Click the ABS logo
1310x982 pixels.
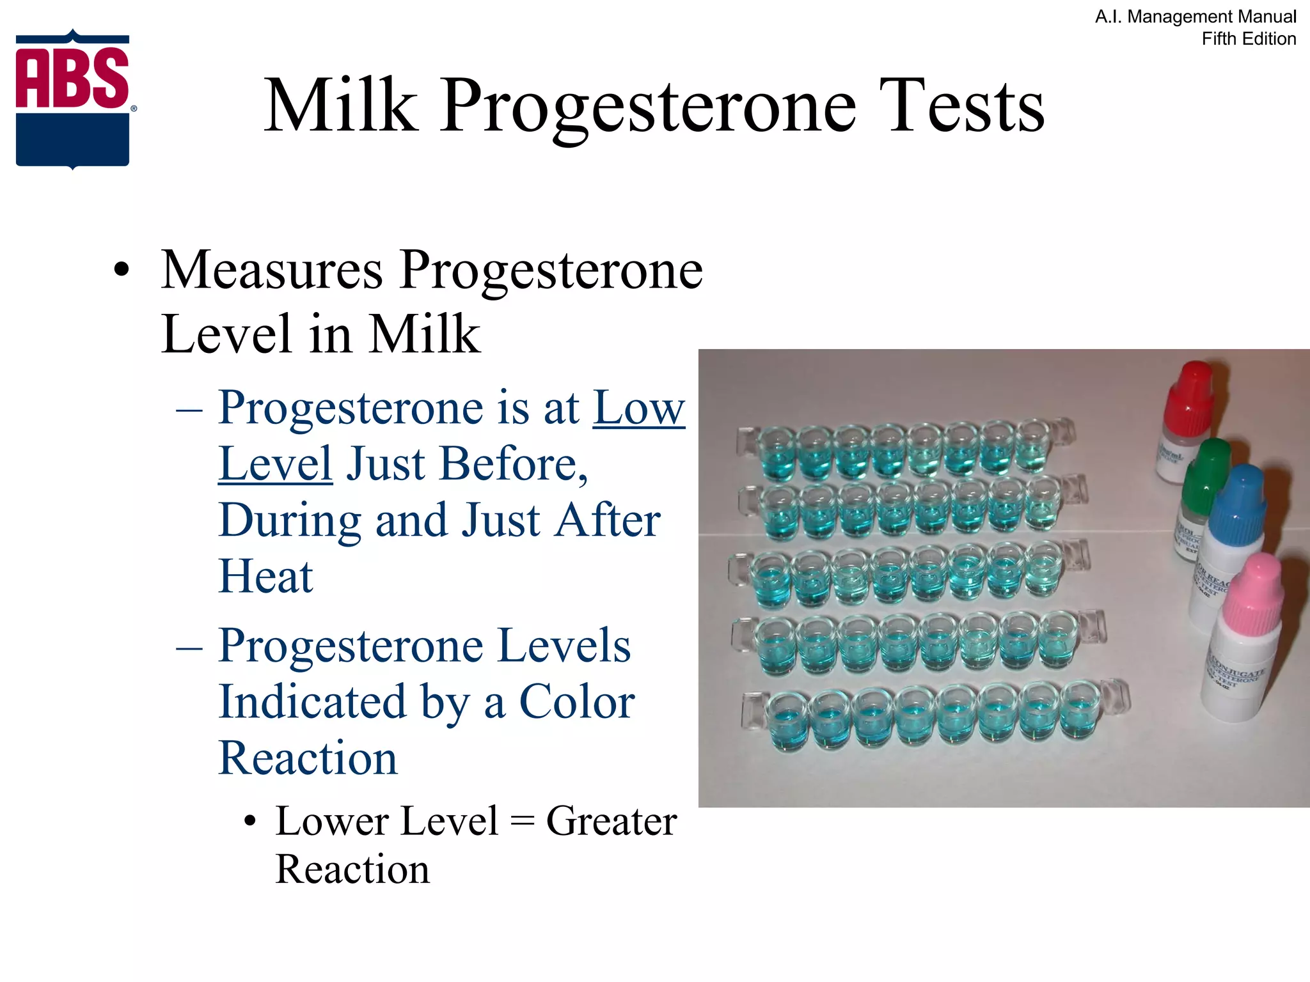coord(73,99)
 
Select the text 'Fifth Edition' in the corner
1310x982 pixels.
coord(1249,39)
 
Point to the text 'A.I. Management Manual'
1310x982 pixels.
coord(1196,17)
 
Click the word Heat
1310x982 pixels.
coord(265,577)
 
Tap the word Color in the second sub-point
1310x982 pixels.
coord(576,702)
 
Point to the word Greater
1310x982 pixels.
coord(611,821)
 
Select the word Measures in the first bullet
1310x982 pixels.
coord(272,270)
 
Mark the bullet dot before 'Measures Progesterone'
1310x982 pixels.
coord(121,271)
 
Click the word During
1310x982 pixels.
coord(290,520)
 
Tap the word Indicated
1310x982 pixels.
coord(312,702)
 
